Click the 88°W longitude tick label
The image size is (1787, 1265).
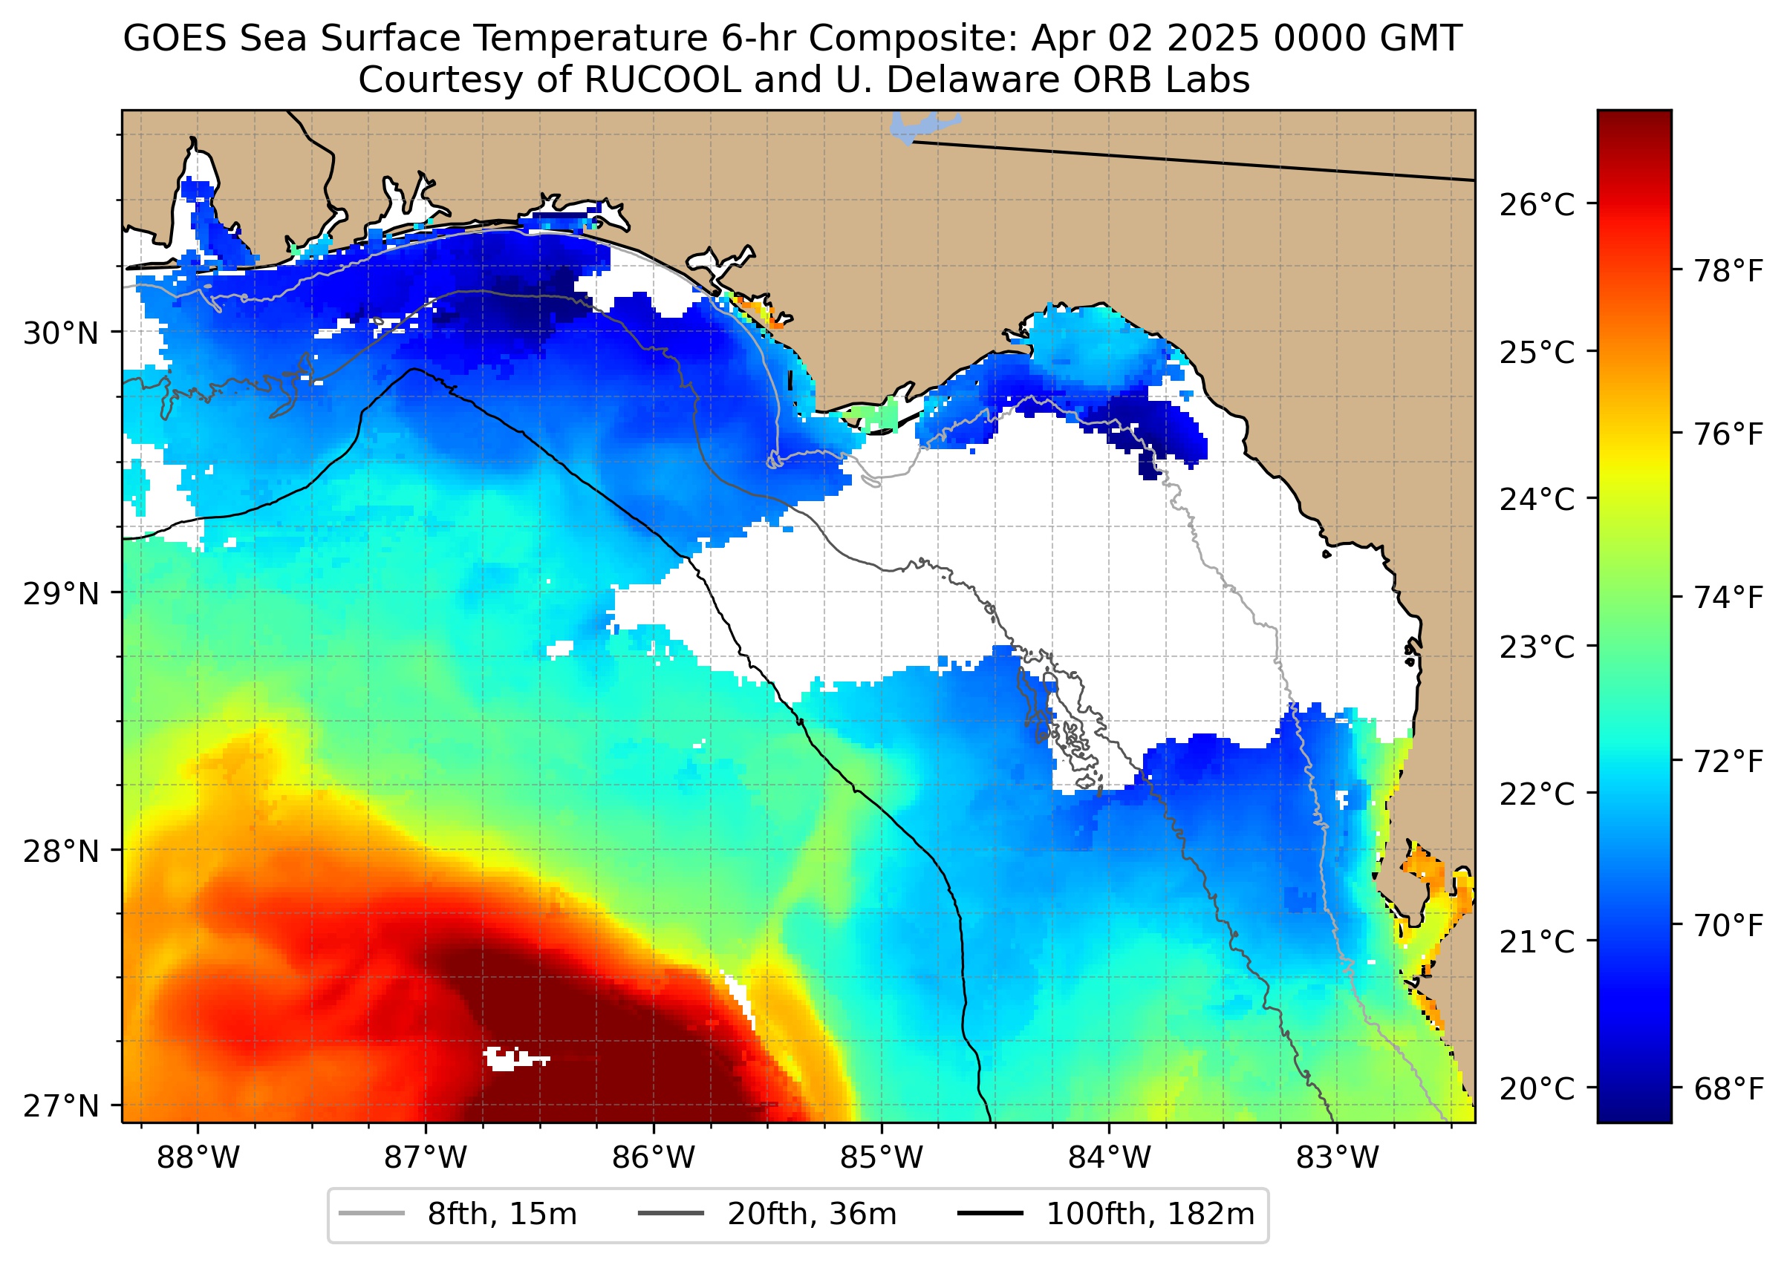198,1158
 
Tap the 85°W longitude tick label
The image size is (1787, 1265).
882,1158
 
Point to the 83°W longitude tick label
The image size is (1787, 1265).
1338,1158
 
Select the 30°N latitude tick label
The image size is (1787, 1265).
62,333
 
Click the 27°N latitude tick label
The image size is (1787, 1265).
62,1105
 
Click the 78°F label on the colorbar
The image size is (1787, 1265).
1728,271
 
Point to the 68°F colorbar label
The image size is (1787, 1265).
1728,1089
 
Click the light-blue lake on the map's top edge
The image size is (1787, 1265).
919,128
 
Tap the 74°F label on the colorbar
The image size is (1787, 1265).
1728,598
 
